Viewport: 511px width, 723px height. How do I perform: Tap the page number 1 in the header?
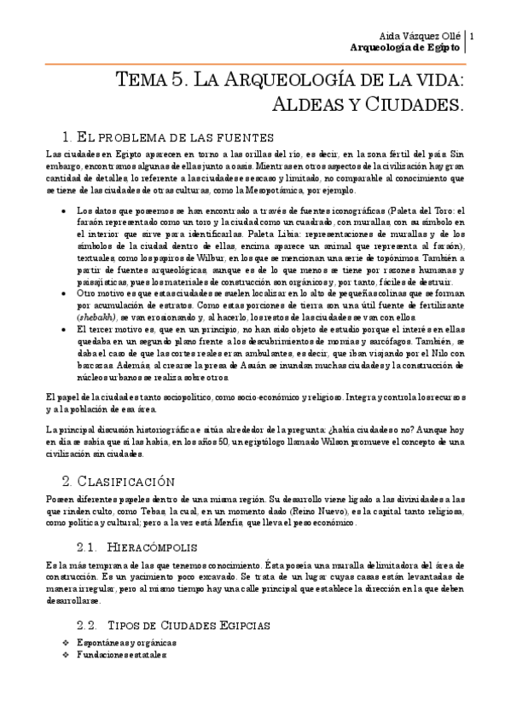pyautogui.click(x=473, y=36)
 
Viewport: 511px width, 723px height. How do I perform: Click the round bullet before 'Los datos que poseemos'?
pyautogui.click(x=67, y=210)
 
